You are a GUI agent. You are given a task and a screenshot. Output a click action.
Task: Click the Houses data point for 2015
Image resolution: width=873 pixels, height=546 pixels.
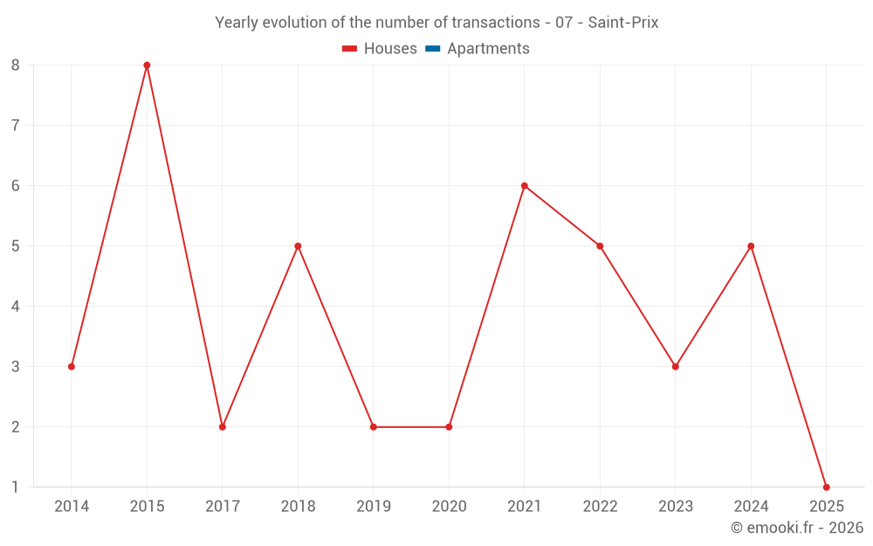pos(147,66)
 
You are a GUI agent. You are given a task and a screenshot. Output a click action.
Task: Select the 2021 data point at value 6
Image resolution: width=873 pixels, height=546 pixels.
pos(525,186)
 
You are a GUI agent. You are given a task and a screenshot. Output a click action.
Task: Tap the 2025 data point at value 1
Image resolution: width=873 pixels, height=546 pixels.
pos(826,487)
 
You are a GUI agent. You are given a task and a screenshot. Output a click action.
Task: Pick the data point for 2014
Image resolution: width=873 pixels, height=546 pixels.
pos(72,367)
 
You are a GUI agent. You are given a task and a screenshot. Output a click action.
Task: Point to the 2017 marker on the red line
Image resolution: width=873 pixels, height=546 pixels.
pos(223,427)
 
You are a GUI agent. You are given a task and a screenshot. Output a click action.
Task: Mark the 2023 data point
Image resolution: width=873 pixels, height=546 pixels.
pos(675,367)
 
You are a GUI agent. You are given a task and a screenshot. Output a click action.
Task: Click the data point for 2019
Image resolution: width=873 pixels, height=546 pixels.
pos(374,427)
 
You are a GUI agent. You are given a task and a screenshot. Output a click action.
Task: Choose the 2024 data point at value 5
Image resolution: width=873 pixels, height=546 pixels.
pos(751,246)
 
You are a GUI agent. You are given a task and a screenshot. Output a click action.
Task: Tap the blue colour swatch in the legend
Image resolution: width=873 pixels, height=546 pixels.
pos(432,49)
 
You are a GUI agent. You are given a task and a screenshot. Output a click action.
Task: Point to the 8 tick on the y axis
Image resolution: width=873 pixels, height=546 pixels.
pos(16,66)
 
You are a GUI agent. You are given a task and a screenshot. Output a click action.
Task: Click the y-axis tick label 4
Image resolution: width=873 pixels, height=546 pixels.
pos(16,307)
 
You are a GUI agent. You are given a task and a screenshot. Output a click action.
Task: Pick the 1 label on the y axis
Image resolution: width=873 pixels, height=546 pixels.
pos(16,487)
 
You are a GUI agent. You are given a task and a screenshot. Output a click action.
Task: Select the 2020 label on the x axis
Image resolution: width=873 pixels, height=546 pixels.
pos(449,507)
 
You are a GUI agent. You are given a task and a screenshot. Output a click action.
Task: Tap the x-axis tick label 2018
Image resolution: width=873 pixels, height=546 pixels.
pos(298,507)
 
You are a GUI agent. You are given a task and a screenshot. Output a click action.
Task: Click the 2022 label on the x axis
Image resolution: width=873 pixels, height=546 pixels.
pos(600,507)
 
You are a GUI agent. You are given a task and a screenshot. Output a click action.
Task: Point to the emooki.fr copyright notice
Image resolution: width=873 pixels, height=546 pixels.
pos(796,528)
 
